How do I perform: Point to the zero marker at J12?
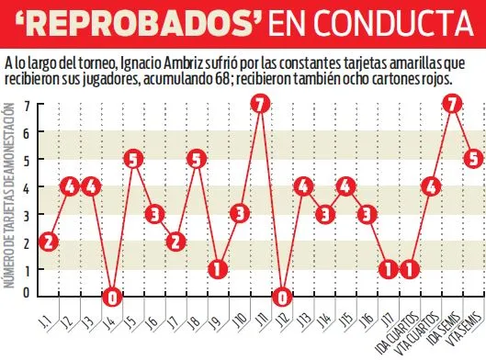click(282, 298)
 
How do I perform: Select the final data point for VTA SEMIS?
click(473, 158)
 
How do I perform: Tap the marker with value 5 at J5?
click(134, 158)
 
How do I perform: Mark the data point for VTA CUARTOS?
click(410, 269)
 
